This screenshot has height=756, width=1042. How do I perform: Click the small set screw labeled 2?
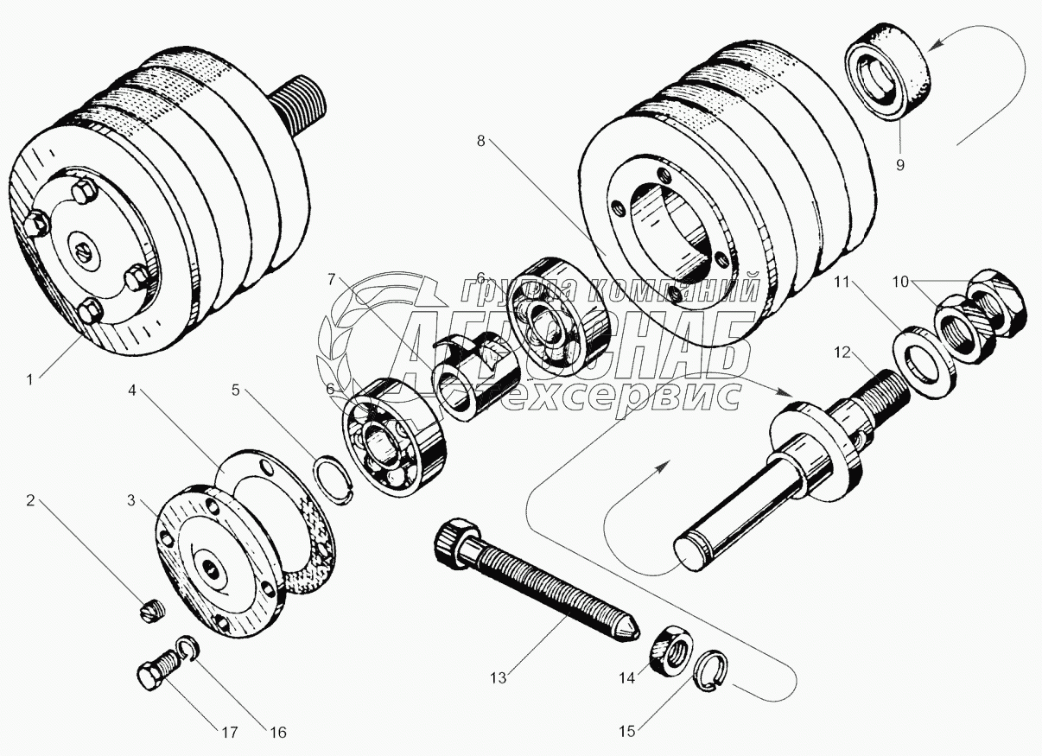pos(150,612)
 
